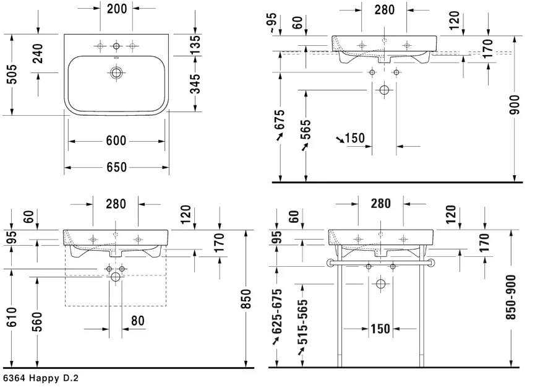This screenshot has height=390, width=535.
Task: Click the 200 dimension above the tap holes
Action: point(117,9)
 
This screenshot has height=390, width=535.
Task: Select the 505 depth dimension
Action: point(12,74)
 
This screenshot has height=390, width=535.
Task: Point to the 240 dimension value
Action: point(38,54)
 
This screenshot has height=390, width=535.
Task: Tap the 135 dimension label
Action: point(195,45)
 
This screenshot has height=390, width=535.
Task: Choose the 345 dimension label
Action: point(195,84)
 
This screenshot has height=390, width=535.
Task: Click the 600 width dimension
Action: point(116,141)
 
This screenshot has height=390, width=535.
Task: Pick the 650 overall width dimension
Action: point(117,167)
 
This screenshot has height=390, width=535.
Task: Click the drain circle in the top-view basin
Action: point(116,73)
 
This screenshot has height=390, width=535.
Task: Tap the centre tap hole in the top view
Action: point(116,46)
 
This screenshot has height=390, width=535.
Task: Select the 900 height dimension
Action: point(515,105)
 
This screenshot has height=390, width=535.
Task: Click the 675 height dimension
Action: point(280,119)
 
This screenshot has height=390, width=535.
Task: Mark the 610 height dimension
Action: point(12,317)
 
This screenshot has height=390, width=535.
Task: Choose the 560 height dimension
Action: point(37,321)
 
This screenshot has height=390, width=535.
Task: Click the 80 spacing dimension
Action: point(138,321)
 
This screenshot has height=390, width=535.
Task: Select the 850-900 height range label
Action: point(511,297)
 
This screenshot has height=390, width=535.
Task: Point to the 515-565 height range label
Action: point(302,322)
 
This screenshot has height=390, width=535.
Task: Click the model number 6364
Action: point(14,378)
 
